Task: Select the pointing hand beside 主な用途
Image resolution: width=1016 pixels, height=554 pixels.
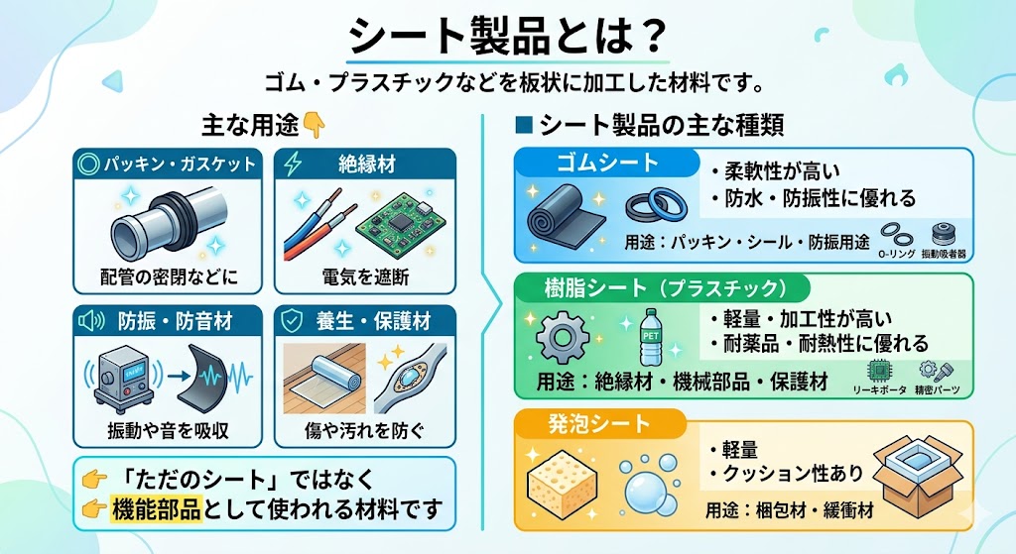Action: pos(313,125)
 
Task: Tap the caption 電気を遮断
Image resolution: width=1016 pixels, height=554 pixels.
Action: pos(364,277)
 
